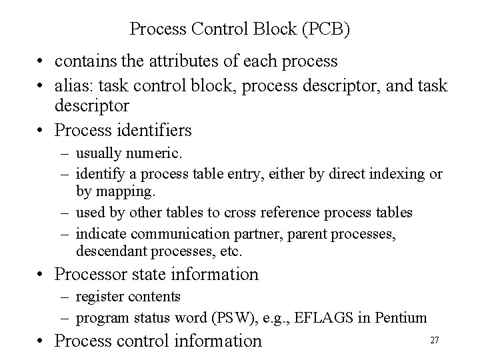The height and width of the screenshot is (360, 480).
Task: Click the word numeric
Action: (x=152, y=154)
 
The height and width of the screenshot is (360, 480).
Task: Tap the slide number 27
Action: (x=435, y=340)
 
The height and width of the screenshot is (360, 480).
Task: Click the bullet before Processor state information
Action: (x=41, y=274)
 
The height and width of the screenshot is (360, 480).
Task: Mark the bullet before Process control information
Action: (x=41, y=341)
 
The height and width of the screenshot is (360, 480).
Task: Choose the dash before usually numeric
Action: (x=65, y=154)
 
